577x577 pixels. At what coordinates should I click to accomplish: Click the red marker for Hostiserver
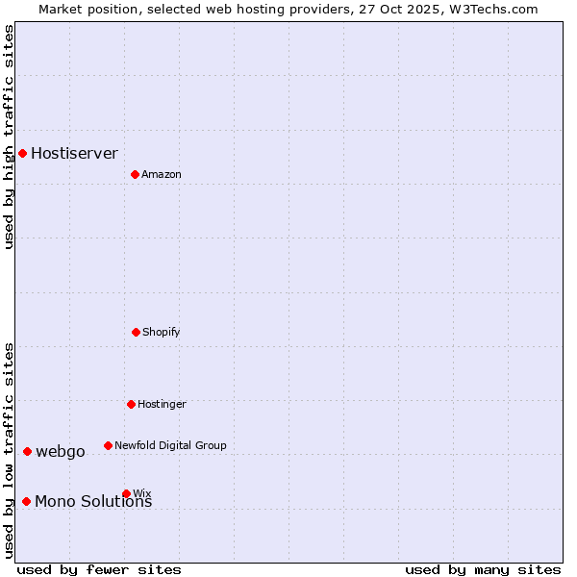click(22, 153)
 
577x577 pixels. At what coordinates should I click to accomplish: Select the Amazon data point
click(135, 174)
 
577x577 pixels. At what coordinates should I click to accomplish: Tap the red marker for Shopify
click(136, 332)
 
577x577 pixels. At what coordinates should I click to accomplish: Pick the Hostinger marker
click(131, 404)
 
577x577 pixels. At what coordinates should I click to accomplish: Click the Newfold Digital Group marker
click(108, 445)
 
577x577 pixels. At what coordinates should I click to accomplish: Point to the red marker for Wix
click(126, 493)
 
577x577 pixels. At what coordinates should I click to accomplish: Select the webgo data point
click(27, 451)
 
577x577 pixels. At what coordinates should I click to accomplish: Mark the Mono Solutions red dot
click(26, 501)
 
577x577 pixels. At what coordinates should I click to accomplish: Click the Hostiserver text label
click(74, 153)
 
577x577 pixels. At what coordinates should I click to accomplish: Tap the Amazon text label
click(161, 174)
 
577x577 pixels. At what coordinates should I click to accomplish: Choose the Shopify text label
click(161, 332)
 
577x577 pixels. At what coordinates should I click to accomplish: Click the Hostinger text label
click(162, 404)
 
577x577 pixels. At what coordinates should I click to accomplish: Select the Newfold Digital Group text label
click(170, 445)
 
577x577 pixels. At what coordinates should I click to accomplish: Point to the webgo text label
click(60, 451)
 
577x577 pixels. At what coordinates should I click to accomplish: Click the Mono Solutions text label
click(93, 501)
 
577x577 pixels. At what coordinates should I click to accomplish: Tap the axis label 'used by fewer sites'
click(99, 569)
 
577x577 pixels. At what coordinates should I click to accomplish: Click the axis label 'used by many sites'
click(483, 569)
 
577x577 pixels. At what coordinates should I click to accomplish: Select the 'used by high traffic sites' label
click(9, 137)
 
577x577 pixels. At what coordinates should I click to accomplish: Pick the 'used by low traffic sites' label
click(9, 450)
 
